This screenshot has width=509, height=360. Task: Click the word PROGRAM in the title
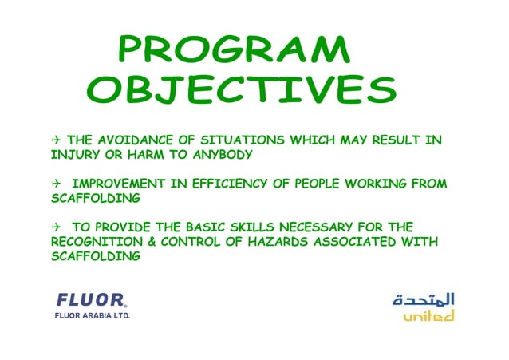click(x=233, y=50)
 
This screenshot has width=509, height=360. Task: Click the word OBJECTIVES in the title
click(x=241, y=90)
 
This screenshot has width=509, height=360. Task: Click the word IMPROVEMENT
click(x=124, y=184)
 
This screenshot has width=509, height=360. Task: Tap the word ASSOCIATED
click(x=363, y=241)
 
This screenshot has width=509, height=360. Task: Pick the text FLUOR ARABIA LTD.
click(x=92, y=316)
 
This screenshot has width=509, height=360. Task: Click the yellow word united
click(x=428, y=316)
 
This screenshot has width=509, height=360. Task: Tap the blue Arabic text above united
click(x=424, y=299)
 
